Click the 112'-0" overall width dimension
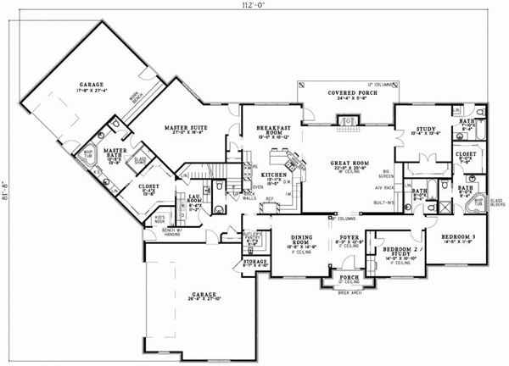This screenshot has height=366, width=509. pos(254,6)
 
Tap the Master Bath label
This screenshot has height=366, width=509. pos(115,154)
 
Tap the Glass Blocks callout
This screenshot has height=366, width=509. pos(496,202)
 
